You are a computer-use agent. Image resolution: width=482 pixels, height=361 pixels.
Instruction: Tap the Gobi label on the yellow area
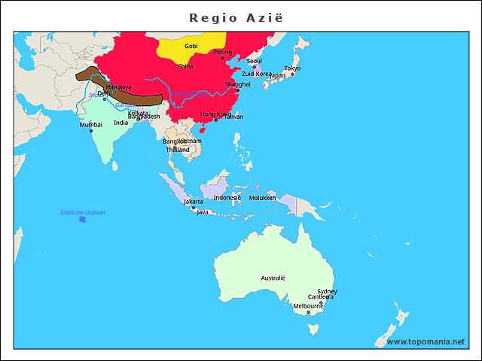(x=191, y=47)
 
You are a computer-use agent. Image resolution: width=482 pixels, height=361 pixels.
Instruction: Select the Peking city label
(x=223, y=53)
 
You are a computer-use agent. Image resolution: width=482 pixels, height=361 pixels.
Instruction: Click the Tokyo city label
(x=292, y=69)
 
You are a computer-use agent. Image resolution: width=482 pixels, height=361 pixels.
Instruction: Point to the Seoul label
(x=254, y=61)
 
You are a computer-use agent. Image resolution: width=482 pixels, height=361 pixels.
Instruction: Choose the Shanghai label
(x=238, y=85)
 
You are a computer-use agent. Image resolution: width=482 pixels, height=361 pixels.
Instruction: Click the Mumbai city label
(x=90, y=125)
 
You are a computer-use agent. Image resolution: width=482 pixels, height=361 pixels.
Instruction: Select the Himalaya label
(x=119, y=87)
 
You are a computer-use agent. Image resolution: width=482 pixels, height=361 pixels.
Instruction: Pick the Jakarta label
(x=194, y=202)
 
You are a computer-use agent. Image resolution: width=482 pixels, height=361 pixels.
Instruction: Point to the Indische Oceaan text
(x=83, y=213)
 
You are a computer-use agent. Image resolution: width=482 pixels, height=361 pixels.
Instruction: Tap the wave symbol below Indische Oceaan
(x=82, y=220)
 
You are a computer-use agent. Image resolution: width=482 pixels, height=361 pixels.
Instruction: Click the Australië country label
(x=273, y=278)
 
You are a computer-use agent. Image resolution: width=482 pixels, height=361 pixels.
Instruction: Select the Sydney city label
(x=327, y=291)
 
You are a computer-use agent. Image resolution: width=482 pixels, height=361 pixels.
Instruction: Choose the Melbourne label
(x=308, y=306)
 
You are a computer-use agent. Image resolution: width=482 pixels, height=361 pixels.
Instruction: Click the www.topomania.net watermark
(x=426, y=342)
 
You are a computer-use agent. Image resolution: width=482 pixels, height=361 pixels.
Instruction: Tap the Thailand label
(x=178, y=150)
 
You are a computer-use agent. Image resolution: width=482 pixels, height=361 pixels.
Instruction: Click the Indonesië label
(x=227, y=198)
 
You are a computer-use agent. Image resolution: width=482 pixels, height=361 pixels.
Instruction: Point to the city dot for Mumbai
(x=91, y=131)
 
